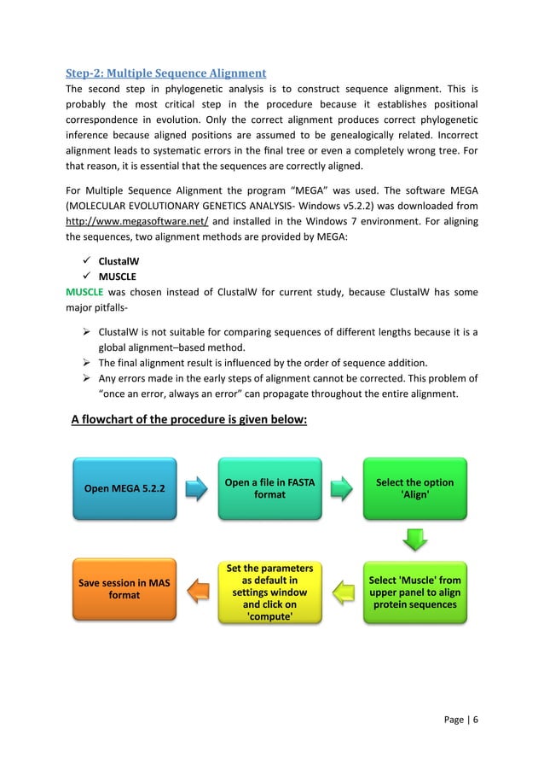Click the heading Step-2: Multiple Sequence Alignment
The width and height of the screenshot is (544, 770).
point(166,73)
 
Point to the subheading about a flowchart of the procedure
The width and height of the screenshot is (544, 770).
point(188,419)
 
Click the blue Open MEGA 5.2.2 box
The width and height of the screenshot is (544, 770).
point(124,489)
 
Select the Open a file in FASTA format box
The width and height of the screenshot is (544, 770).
point(269,489)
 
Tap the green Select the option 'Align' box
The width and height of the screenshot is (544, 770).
point(414,489)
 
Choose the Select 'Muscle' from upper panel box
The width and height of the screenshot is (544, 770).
point(414,592)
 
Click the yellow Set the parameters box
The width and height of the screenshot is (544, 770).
point(269,592)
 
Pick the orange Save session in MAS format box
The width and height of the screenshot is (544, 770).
point(124,590)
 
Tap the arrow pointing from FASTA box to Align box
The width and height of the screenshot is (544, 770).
point(342,489)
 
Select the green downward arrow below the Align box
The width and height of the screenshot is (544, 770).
point(414,540)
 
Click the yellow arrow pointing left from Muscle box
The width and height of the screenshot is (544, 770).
point(342,591)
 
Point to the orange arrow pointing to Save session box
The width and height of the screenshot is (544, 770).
point(197,591)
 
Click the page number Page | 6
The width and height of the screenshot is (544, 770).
point(460,719)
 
